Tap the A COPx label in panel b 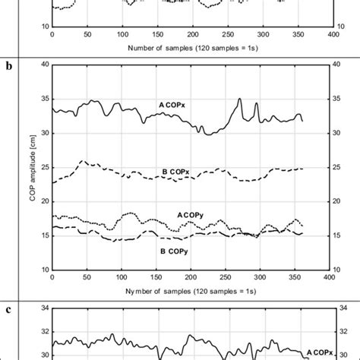pyautogui.click(x=173, y=104)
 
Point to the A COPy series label pyautogui.click(x=191, y=215)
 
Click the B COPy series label pyautogui.click(x=172, y=249)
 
